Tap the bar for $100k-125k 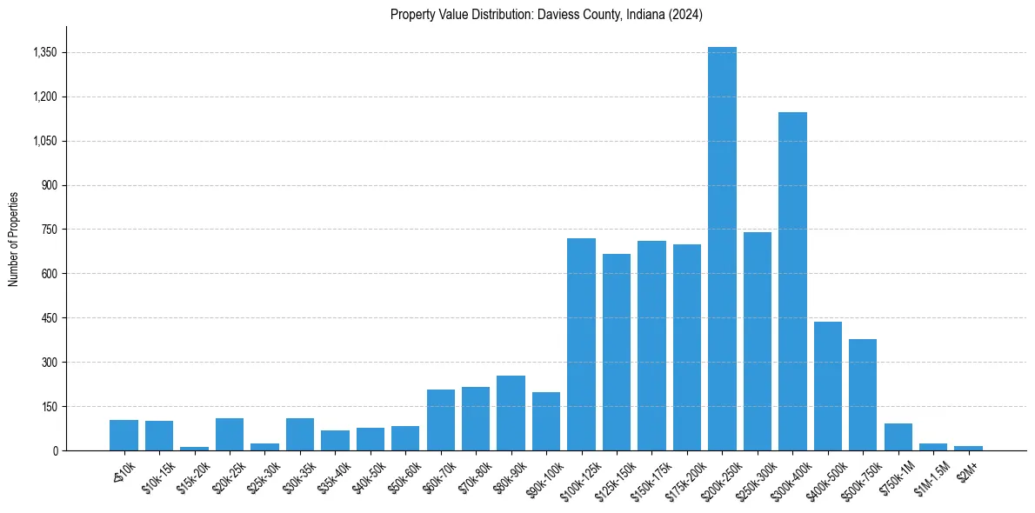point(581,344)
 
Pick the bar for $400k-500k point(828,386)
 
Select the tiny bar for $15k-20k point(194,449)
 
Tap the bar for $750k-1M point(898,437)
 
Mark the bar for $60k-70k point(441,420)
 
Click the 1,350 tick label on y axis point(44,52)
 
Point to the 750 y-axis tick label point(50,230)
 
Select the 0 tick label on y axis point(55,450)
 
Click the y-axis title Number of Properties point(14,238)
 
